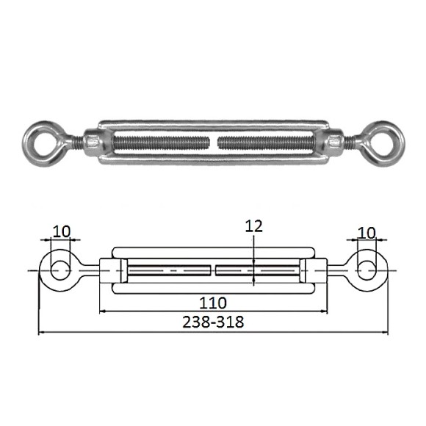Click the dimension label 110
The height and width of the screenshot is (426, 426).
tap(213, 303)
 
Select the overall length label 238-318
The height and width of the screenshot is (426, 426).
tap(213, 322)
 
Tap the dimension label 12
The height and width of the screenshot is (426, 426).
tap(253, 226)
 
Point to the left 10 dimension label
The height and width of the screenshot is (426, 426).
tap(62, 232)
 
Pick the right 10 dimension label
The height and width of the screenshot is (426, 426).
tap(367, 233)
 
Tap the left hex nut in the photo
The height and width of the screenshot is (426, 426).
tap(93, 142)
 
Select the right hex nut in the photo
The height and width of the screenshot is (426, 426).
tap(334, 142)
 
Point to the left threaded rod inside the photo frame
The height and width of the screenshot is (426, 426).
tap(162, 143)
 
